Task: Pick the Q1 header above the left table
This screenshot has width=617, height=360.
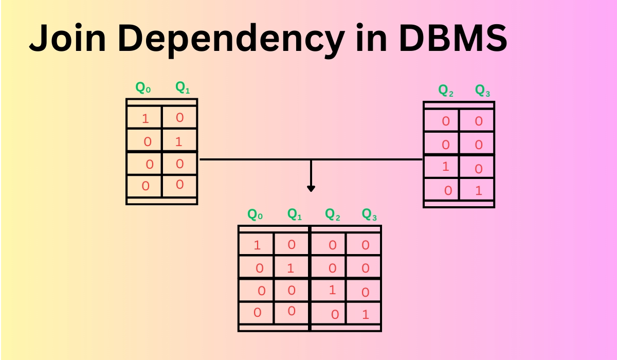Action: click(183, 88)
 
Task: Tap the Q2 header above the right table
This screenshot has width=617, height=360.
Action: click(446, 91)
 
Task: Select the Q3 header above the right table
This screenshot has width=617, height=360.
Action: click(482, 91)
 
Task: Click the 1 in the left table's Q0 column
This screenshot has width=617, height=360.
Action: click(145, 119)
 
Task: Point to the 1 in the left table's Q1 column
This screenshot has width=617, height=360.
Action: click(179, 141)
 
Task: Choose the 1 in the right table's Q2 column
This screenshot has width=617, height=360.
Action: click(446, 167)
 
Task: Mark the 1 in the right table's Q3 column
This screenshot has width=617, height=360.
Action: click(479, 191)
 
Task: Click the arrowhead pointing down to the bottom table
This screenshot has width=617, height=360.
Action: click(311, 189)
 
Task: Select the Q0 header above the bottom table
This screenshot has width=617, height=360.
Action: click(255, 214)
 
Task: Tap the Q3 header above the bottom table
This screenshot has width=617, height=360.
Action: click(369, 214)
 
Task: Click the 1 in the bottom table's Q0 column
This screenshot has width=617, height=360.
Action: click(258, 245)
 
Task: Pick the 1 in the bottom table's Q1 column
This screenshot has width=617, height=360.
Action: click(291, 268)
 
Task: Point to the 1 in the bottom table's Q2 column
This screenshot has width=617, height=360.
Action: click(332, 290)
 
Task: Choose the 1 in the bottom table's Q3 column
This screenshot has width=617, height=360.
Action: click(366, 314)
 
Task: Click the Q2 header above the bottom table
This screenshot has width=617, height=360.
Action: click(333, 214)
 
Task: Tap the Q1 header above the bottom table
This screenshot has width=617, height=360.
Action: click(294, 214)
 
